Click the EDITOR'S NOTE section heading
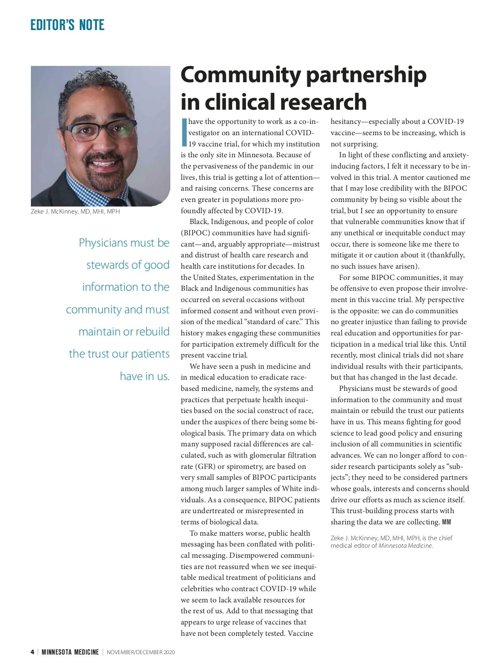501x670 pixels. (67, 25)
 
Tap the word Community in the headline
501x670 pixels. (240, 75)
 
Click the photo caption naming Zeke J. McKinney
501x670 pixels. (75, 212)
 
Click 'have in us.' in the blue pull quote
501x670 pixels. (144, 376)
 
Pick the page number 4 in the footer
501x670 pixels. (33, 652)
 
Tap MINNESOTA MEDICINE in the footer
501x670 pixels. (70, 652)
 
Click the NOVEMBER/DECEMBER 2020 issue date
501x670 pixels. (141, 652)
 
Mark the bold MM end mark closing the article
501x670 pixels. (446, 522)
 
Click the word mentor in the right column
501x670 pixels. (412, 177)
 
